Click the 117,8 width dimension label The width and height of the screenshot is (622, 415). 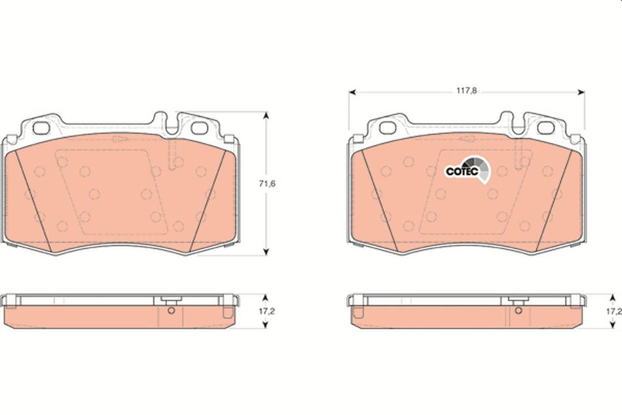(x=466, y=92)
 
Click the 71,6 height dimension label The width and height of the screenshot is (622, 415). (x=266, y=184)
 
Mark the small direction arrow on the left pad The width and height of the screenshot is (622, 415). (x=120, y=138)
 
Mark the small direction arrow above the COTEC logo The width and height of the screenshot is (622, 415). (x=467, y=138)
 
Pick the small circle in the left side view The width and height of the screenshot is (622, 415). (x=172, y=311)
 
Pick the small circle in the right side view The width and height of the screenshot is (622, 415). (x=517, y=311)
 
